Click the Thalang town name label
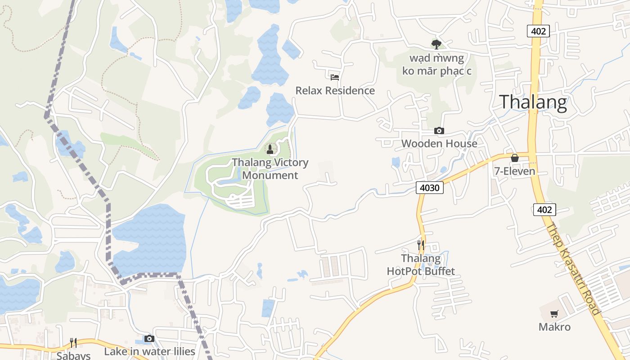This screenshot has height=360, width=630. tap(533, 102)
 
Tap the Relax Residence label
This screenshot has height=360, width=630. tap(335, 90)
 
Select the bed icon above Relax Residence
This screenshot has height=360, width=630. tap(334, 77)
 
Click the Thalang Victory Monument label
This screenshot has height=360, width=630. tap(270, 169)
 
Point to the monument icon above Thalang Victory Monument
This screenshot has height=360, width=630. tap(270, 149)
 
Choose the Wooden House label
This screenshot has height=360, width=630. tap(439, 144)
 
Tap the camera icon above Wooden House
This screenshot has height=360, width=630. tap(439, 130)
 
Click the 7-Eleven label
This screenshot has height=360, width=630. tap(515, 171)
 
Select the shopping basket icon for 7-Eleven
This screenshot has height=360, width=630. tap(515, 158)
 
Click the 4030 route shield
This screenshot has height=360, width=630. tap(430, 188)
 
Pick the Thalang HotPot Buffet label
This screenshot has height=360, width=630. tap(421, 265)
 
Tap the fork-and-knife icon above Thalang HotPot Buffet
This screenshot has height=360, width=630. tap(421, 245)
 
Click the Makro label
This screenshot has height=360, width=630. tap(554, 327)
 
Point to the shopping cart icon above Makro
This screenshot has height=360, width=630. tap(554, 314)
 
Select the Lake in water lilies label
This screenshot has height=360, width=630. tap(149, 351)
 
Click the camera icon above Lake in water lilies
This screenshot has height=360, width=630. tap(149, 338)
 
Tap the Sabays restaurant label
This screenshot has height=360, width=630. tap(73, 355)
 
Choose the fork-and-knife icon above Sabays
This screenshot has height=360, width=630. tap(73, 343)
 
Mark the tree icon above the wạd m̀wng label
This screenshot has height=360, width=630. tap(436, 44)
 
